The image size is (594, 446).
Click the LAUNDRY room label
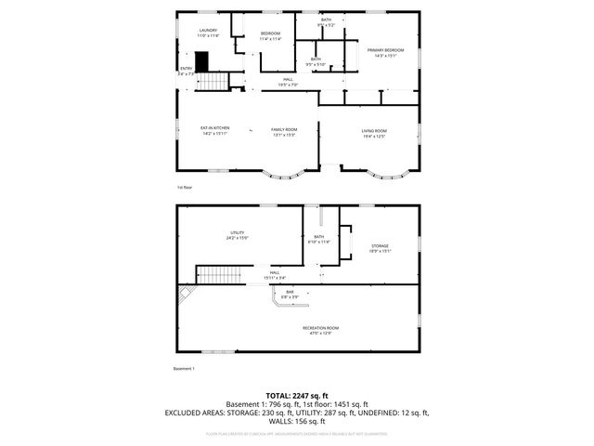coord(208,33)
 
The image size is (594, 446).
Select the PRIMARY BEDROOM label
coord(385,52)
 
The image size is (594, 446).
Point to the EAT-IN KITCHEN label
coord(214,131)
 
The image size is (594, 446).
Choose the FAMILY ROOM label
coord(284,132)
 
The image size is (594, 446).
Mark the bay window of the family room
coord(283,175)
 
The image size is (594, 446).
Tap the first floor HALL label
coord(289,82)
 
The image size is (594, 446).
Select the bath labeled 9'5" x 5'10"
coord(316,61)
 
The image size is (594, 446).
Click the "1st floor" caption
coord(184,187)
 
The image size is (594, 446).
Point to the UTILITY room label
coord(237,235)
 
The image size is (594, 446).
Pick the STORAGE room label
coord(381,248)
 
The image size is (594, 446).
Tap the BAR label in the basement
coord(291,295)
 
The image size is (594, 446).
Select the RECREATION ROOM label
coord(320,330)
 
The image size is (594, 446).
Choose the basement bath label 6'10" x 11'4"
coord(319,240)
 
